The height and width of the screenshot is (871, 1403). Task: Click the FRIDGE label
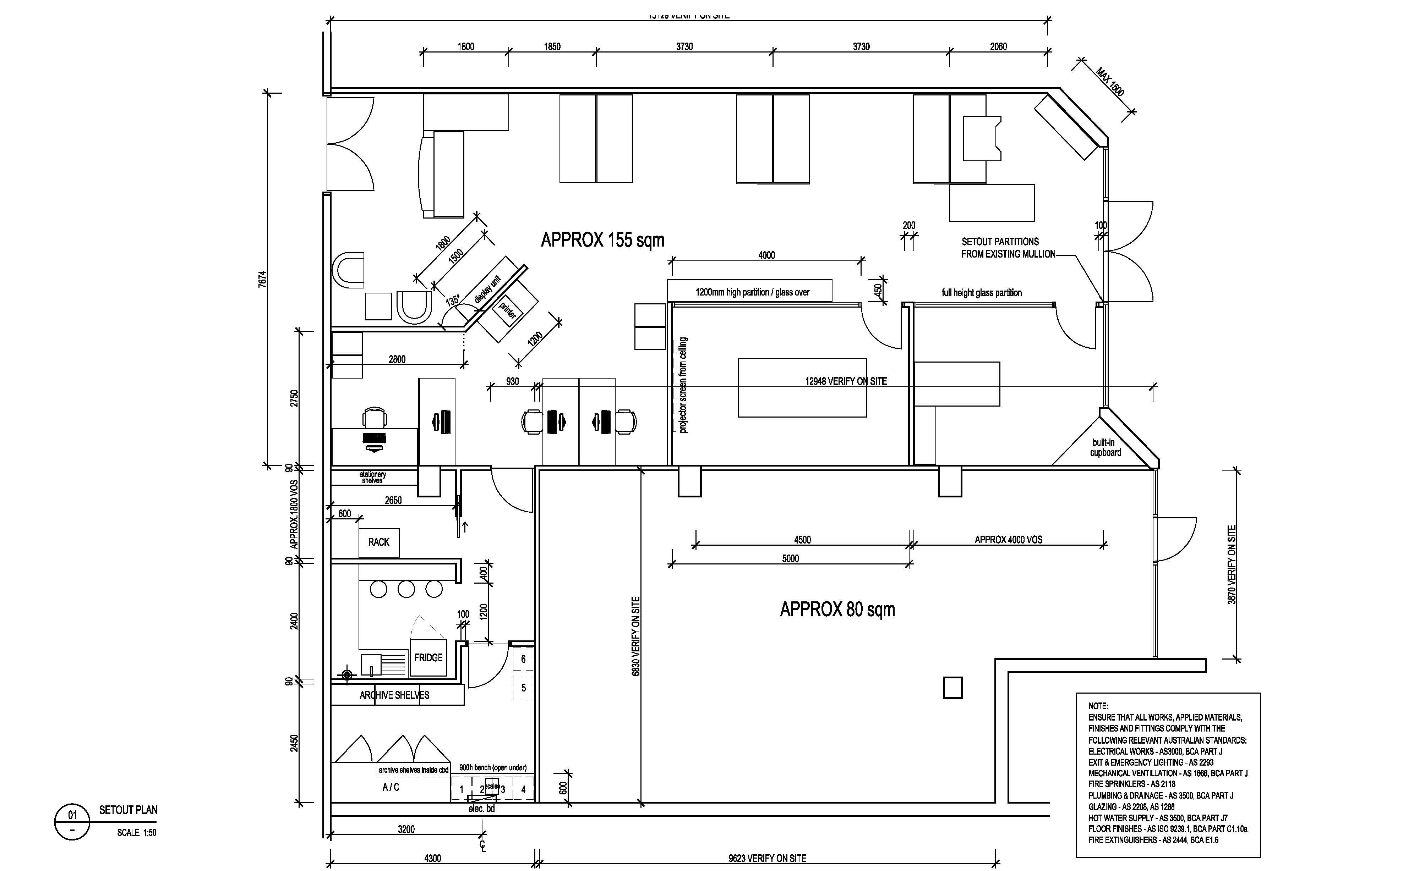(x=428, y=657)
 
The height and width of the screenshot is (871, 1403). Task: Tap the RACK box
(x=379, y=542)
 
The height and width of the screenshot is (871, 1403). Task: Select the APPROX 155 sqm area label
(x=602, y=239)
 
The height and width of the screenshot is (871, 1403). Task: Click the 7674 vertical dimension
(x=263, y=279)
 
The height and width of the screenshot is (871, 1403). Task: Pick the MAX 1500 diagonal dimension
(x=1110, y=82)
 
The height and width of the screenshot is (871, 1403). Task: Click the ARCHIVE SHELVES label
(x=394, y=695)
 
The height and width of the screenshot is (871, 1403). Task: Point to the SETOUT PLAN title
(x=128, y=810)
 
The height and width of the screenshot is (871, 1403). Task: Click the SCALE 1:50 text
(x=137, y=832)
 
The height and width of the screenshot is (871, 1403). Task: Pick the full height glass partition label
(x=982, y=293)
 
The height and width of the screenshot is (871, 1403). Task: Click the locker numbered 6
(x=523, y=659)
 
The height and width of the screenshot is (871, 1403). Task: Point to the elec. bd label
(x=481, y=809)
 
